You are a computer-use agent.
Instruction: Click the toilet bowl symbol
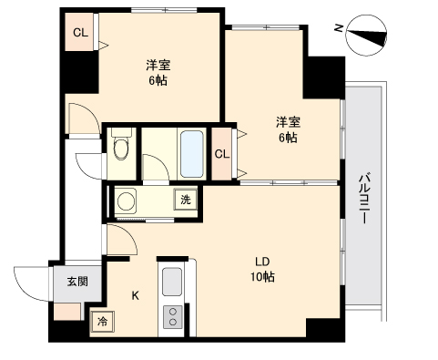pos(121,149)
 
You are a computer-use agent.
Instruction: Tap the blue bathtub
pos(191,154)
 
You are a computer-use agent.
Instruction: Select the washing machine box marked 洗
pos(186,200)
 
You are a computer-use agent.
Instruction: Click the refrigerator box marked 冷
pos(103,322)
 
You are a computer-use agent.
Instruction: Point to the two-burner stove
pos(173,317)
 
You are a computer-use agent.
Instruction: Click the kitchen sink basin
pos(172,282)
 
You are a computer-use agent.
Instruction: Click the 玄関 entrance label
pos(77,282)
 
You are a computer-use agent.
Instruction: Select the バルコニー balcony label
pos(363,199)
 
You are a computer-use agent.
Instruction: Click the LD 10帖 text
pos(262,270)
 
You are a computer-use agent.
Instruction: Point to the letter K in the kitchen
pos(136,295)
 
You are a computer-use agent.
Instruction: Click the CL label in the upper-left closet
pos(80,33)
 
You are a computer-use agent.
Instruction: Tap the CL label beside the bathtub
pos(222,154)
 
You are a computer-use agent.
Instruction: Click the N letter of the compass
pos(339,28)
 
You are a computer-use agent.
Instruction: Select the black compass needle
pos(367,36)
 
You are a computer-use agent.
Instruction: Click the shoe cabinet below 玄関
pos(67,312)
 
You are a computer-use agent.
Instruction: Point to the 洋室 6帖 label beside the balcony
pos(288,129)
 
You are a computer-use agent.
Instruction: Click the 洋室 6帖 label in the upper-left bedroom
pos(158,73)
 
